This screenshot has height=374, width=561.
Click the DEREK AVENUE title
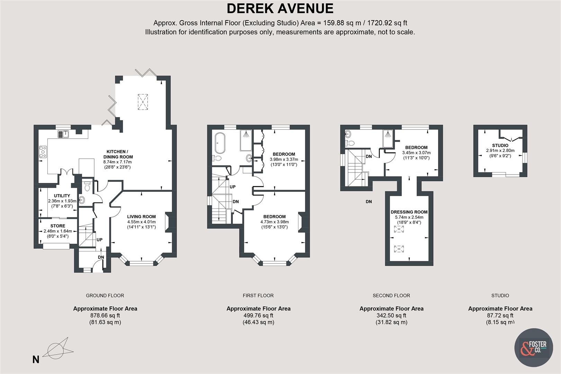pos(280,8)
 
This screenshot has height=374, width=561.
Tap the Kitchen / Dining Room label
pos(117,154)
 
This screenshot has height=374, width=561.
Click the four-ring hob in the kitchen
pos(43,152)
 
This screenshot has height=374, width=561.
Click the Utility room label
pos(62,196)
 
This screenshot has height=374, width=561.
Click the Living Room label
pos(141,216)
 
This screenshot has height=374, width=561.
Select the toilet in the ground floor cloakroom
pos(87,187)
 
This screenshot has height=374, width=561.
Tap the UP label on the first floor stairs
pos(232,187)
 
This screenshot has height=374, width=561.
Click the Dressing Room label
pos(409,212)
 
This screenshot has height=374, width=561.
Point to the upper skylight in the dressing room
pos(399,229)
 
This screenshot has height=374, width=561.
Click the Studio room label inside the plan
pos(500,145)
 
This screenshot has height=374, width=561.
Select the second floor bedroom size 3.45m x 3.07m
pos(416,152)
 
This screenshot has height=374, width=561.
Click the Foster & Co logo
pos(533,347)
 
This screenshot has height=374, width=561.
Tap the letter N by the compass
pos(36,360)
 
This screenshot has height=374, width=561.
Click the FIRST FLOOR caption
pos(258,295)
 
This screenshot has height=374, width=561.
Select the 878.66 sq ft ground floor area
pos(105,315)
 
